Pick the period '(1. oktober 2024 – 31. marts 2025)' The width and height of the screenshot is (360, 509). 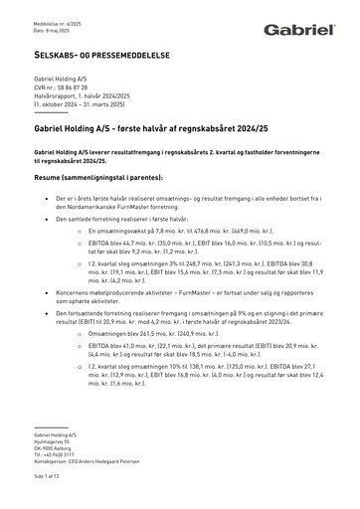click(84, 102)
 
